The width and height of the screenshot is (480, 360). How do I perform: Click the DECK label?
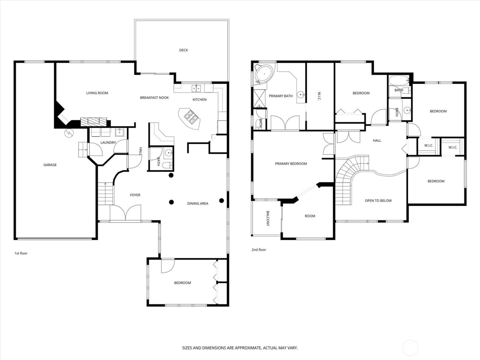pyautogui.click(x=183, y=50)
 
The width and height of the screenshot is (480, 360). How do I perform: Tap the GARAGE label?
pyautogui.click(x=50, y=165)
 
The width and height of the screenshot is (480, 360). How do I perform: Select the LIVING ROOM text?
pyautogui.click(x=97, y=93)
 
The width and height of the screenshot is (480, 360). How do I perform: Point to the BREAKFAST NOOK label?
pyautogui.click(x=154, y=98)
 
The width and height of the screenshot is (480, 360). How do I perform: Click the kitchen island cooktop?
pyautogui.click(x=190, y=118)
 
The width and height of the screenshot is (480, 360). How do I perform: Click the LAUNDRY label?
pyautogui.click(x=108, y=143)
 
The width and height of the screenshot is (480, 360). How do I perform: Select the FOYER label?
pyautogui.click(x=135, y=195)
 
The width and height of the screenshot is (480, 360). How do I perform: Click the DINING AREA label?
pyautogui.click(x=198, y=204)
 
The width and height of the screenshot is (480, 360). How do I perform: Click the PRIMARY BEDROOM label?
pyautogui.click(x=291, y=164)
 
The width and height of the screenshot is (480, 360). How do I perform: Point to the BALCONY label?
pyautogui.click(x=268, y=218)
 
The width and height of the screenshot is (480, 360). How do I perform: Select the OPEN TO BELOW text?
pyautogui.click(x=378, y=201)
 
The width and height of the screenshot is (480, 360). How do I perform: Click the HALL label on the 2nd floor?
pyautogui.click(x=377, y=141)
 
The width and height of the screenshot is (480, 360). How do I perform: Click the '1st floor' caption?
pyautogui.click(x=21, y=253)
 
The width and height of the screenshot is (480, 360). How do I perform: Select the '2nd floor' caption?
pyautogui.click(x=259, y=250)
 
